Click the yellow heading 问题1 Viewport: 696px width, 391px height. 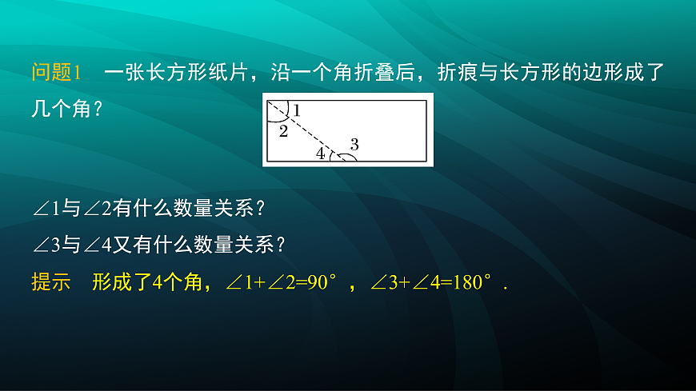pos(57,73)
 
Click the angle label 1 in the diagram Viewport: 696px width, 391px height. pos(296,110)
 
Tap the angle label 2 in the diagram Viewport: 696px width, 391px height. pos(283,131)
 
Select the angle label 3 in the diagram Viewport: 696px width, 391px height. pos(354,144)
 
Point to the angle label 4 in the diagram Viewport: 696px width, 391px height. pos(320,154)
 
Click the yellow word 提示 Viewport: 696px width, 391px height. pos(51,282)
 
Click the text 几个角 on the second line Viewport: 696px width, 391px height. pos(62,107)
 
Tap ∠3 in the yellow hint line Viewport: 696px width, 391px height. pos(386,282)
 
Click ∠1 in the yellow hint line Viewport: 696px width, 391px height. pos(242,282)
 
